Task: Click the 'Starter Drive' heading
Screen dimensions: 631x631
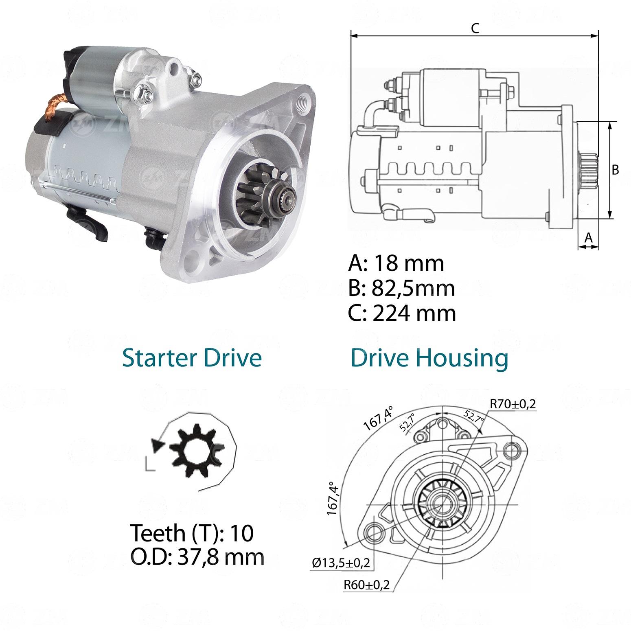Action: coord(192,358)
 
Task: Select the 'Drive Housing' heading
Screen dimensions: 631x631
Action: coord(429,358)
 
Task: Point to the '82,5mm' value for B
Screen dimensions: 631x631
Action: coord(414,288)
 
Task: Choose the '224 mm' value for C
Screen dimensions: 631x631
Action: coord(414,313)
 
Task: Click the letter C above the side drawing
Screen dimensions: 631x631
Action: coord(475,28)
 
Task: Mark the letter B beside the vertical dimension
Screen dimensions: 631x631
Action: coord(616,169)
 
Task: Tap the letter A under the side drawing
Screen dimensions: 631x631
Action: coord(588,237)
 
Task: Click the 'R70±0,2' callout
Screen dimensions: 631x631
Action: coord(513,404)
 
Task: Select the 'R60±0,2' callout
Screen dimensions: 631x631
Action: coord(367,585)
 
